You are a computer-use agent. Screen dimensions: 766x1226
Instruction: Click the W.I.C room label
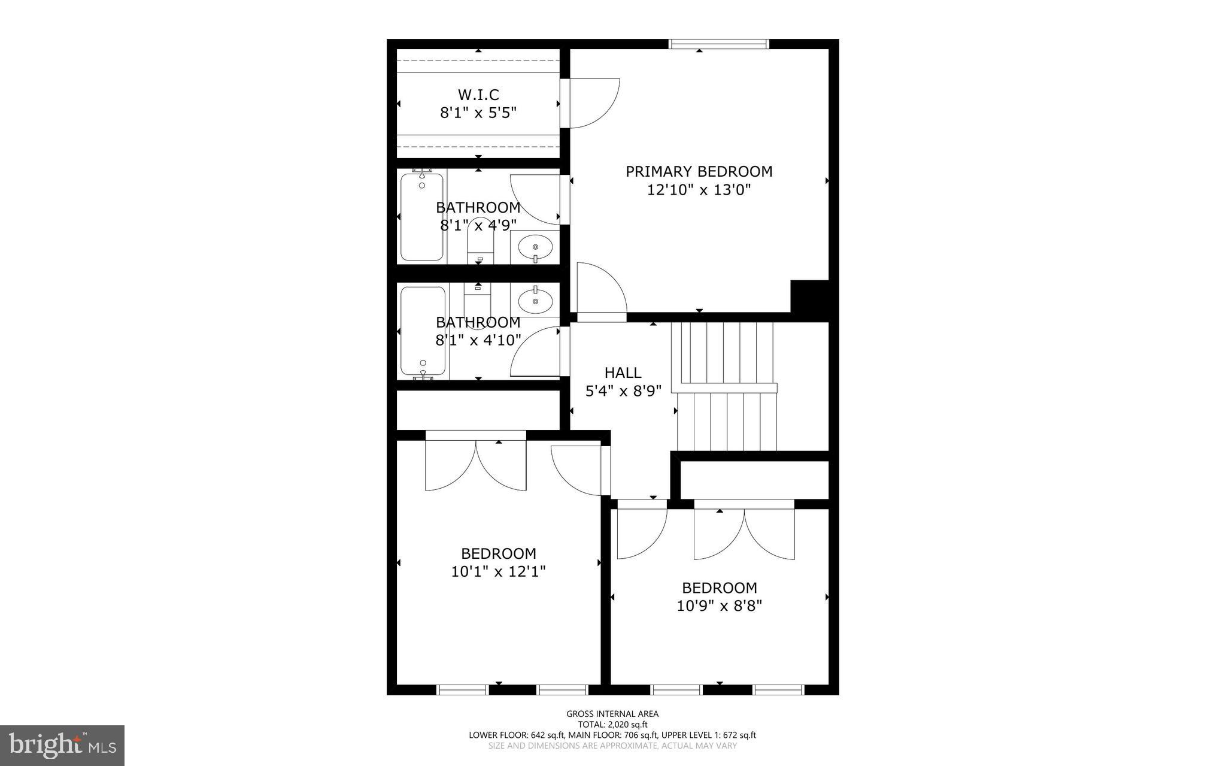tap(478, 95)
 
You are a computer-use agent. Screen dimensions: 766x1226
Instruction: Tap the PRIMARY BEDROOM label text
tap(699, 172)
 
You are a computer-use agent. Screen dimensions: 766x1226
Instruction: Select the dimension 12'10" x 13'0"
tap(699, 190)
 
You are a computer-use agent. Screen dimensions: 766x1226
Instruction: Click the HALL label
tap(623, 373)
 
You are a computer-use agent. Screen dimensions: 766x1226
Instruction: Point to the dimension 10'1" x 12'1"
tap(498, 572)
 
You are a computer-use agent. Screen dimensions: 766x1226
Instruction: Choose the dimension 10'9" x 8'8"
tap(719, 606)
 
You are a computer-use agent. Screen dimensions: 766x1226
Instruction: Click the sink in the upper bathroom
tap(535, 246)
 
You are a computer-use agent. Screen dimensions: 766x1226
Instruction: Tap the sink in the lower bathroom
tap(535, 299)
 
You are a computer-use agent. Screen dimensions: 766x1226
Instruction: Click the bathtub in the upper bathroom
tap(422, 217)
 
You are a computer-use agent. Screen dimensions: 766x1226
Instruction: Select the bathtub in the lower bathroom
tap(423, 331)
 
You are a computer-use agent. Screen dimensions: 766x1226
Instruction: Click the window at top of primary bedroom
tap(718, 44)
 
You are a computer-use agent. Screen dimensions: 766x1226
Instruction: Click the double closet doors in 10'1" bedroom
tap(476, 464)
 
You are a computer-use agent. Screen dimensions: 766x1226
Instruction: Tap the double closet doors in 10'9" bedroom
tap(744, 533)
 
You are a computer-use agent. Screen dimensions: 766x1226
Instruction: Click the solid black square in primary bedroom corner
tap(809, 296)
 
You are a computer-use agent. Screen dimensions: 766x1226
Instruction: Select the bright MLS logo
tap(62, 745)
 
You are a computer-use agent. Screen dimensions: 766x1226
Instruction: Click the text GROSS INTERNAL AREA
tap(612, 713)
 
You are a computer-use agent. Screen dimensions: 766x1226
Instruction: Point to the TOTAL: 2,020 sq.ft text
tap(612, 724)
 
